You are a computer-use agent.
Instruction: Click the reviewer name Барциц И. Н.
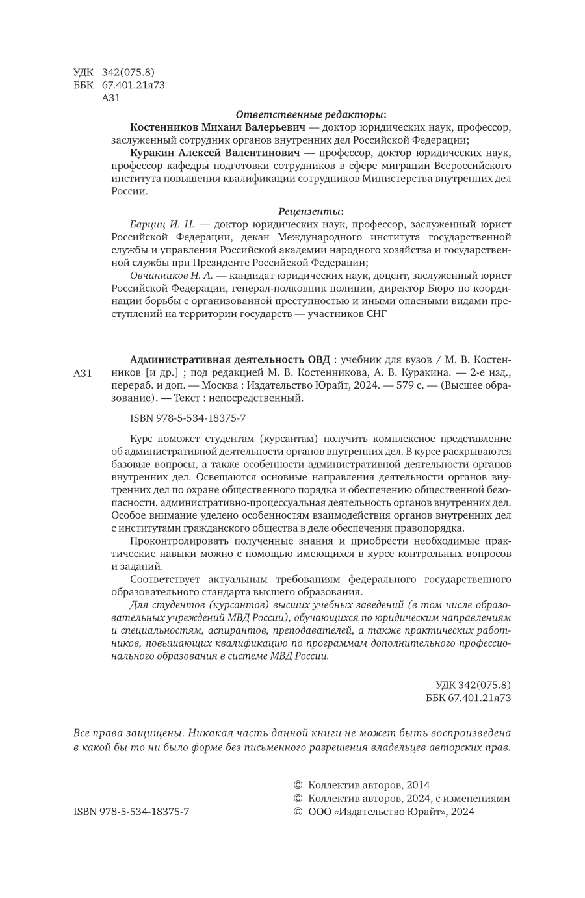[x=158, y=224]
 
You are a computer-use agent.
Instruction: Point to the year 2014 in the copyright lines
[x=416, y=785]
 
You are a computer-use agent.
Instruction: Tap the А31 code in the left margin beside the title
[x=84, y=373]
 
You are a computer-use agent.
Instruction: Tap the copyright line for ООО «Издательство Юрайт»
[x=384, y=811]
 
